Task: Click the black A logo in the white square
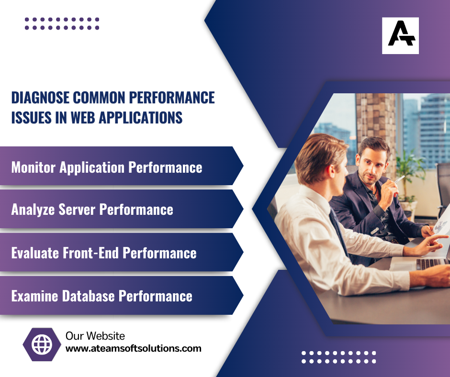coord(401,33)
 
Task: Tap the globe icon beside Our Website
coord(42,344)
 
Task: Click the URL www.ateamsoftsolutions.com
coord(134,348)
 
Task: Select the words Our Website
coord(95,336)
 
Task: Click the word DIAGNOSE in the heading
coord(40,98)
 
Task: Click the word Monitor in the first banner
coord(34,167)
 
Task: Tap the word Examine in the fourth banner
coord(34,296)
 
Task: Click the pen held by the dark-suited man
coord(399,179)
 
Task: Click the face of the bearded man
coord(371,165)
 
